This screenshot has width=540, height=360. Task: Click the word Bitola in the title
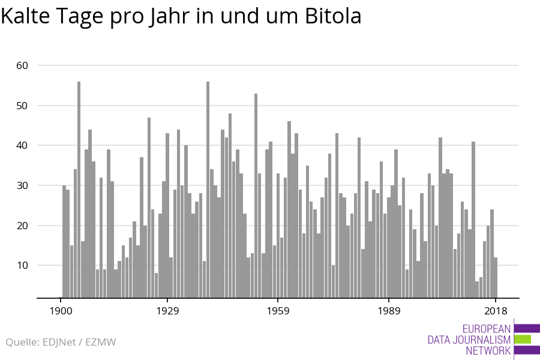pos(331,16)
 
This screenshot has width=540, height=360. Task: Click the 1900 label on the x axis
pos(61,311)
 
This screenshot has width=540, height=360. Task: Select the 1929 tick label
pos(167,311)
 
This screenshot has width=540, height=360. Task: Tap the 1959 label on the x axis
pos(278,311)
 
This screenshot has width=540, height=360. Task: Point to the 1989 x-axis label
pos(389,311)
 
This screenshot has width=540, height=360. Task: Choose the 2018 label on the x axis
pos(496,311)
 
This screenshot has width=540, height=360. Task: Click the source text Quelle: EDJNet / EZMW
pos(61,342)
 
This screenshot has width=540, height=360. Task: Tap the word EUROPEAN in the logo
pos(487,329)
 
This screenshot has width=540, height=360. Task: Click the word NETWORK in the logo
pos(488,350)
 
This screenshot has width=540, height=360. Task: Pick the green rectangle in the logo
pos(523,340)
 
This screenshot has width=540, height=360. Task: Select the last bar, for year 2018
pos(496,277)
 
